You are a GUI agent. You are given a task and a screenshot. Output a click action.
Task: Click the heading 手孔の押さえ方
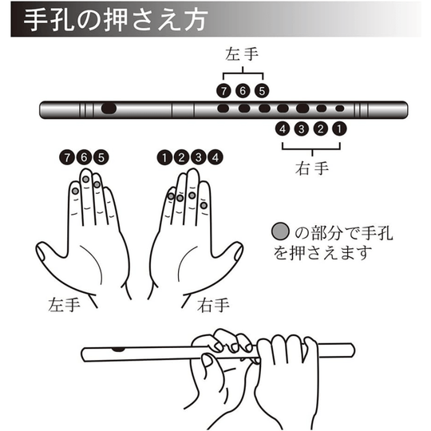click(x=115, y=20)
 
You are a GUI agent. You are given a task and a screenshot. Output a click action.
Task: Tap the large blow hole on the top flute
click(x=109, y=109)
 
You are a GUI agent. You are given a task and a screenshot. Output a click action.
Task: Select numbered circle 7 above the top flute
click(x=223, y=91)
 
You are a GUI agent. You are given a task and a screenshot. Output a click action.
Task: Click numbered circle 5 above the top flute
click(x=262, y=91)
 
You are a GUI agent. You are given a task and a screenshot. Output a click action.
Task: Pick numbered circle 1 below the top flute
click(x=339, y=129)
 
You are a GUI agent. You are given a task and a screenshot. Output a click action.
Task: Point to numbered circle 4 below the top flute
click(x=283, y=129)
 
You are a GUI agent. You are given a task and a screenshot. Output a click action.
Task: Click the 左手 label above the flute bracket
click(x=242, y=54)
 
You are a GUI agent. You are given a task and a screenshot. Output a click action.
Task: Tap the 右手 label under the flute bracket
click(x=312, y=168)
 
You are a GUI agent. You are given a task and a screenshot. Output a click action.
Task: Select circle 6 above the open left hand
click(x=84, y=157)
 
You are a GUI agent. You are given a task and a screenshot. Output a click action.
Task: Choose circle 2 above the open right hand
click(x=181, y=157)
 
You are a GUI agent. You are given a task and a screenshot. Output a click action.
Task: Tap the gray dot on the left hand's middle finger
click(x=86, y=180)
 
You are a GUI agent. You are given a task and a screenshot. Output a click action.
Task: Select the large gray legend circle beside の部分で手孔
click(x=280, y=231)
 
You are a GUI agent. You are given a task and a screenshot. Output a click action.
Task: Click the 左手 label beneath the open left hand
click(x=64, y=305)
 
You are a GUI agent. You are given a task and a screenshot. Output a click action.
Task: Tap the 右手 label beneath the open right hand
click(x=213, y=305)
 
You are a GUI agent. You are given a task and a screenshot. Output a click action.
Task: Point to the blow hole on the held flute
click(x=118, y=350)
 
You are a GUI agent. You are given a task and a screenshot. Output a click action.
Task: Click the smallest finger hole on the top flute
click(x=340, y=109)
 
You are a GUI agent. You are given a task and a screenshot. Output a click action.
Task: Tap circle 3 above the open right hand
click(x=198, y=157)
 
